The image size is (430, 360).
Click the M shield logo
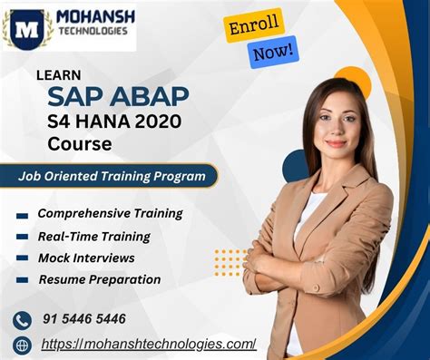point(26,27)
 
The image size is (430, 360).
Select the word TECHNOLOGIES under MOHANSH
point(93,36)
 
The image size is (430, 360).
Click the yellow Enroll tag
point(255,25)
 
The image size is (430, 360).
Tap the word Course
point(83,144)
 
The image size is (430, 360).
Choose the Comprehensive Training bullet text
point(110,214)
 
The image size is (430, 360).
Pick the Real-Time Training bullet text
point(94,236)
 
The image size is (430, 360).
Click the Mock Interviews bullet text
point(87,258)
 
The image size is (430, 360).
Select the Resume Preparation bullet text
point(100,279)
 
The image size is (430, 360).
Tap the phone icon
point(22,320)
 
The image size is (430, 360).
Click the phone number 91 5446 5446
point(83,319)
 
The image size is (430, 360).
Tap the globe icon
point(22,345)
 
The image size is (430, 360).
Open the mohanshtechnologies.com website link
point(149,344)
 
